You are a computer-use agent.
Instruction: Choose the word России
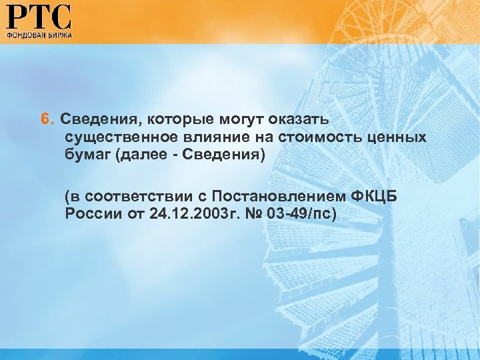click(x=91, y=214)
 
